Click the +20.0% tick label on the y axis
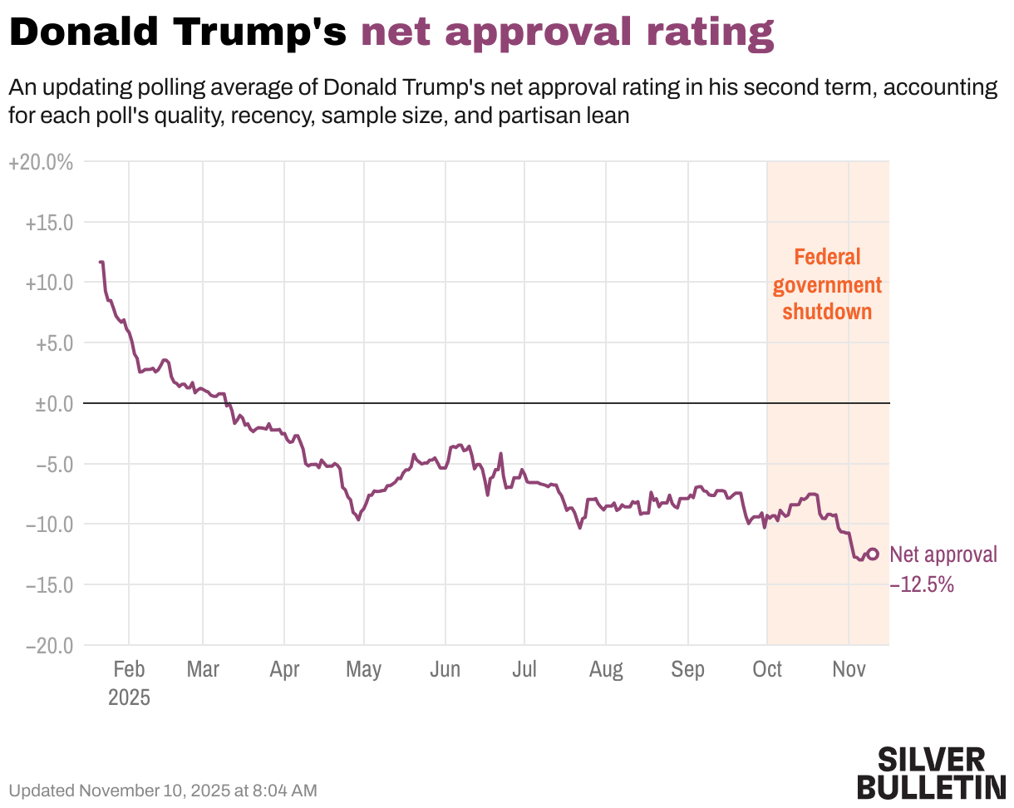(x=41, y=163)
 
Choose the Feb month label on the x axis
(x=129, y=670)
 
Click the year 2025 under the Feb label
(x=129, y=697)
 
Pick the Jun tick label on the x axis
(x=445, y=670)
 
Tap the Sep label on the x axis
(x=687, y=670)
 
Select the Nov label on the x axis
(x=848, y=670)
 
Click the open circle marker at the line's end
(x=873, y=554)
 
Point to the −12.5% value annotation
(x=922, y=585)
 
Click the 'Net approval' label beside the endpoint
(x=943, y=555)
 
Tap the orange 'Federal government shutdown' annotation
(x=827, y=284)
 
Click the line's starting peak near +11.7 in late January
(x=101, y=263)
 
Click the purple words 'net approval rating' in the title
(x=568, y=33)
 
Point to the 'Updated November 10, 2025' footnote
(x=163, y=791)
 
